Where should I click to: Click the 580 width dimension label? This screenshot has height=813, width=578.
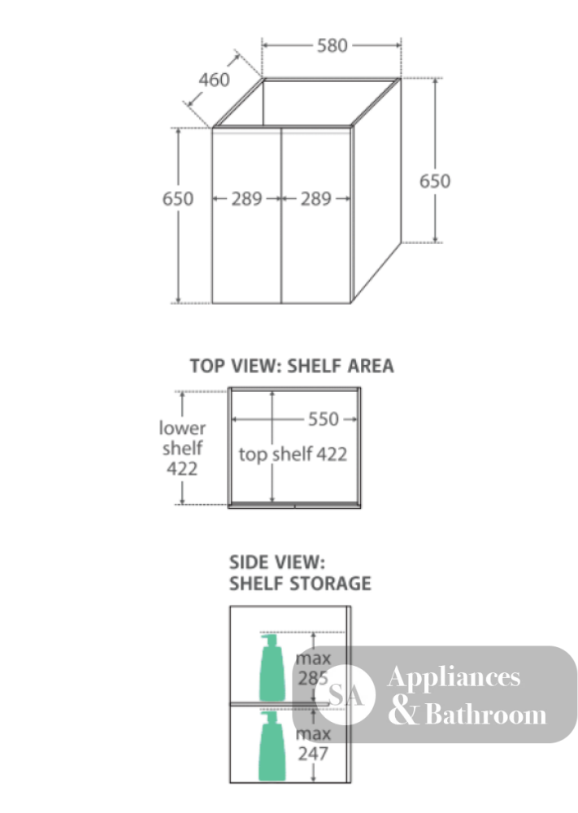(x=332, y=46)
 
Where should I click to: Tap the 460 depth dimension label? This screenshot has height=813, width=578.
(x=214, y=80)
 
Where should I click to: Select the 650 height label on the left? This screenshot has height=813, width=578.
(x=178, y=198)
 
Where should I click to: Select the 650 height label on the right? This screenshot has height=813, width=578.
(x=435, y=181)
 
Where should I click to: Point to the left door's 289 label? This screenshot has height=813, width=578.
(x=247, y=198)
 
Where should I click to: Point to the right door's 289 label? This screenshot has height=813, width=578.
(x=315, y=198)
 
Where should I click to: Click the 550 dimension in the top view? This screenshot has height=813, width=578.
(x=324, y=419)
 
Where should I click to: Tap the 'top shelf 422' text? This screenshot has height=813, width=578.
(x=293, y=454)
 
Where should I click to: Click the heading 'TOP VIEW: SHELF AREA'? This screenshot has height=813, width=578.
(x=292, y=366)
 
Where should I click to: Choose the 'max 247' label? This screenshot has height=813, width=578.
(x=313, y=744)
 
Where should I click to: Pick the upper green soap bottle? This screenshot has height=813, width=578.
(x=272, y=667)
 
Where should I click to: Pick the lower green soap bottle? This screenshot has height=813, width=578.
(x=272, y=746)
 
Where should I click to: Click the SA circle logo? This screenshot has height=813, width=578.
(x=345, y=695)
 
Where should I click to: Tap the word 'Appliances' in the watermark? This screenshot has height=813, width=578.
(x=454, y=677)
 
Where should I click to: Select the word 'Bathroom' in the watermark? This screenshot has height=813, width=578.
(x=485, y=715)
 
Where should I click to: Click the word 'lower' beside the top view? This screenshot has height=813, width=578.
(x=182, y=428)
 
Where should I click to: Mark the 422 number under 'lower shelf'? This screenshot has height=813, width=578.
(x=182, y=469)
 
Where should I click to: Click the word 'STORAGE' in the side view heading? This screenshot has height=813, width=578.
(x=330, y=584)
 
